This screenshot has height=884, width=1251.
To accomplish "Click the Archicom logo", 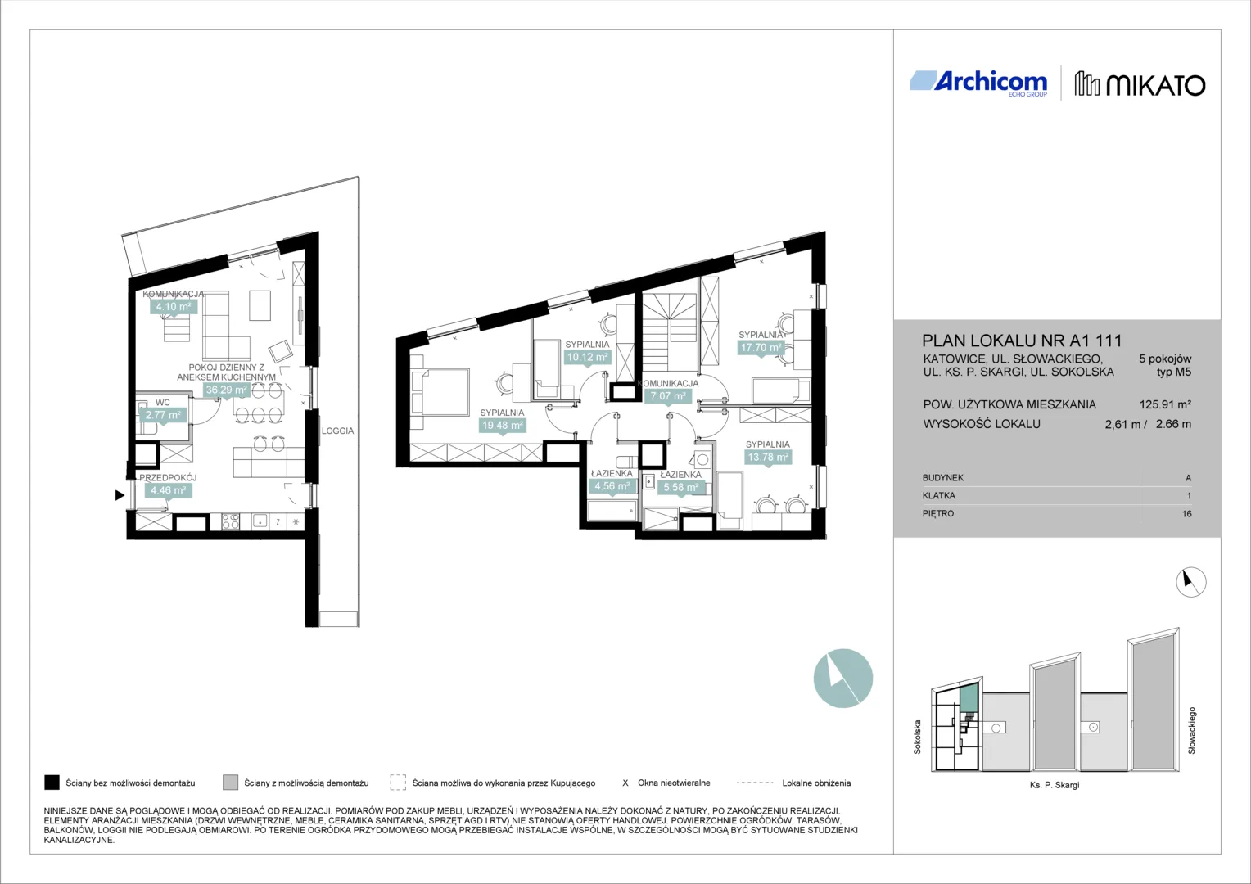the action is pos(978,83).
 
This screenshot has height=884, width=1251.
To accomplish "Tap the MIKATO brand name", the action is pos(1156,85).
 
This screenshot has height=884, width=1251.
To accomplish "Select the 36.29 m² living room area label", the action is pos(226,390).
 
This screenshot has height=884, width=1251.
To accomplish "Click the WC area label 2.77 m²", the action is pos(163,415).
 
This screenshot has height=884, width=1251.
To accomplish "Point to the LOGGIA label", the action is pos(337,431).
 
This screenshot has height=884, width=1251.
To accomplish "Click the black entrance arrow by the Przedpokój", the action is pos(120,494).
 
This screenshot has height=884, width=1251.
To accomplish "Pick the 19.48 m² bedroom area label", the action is pos(503,426).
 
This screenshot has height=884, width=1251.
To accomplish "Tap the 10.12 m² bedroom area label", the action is pos(588,358).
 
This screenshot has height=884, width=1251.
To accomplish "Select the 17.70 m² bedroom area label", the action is pos(761,347).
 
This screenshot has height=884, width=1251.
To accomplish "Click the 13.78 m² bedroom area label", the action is pos(768,458).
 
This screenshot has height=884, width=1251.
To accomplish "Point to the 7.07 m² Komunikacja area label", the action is pos(668,396).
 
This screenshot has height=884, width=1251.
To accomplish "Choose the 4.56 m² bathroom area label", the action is pos(612,486).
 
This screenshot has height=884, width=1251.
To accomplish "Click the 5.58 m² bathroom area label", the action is pos(681,488).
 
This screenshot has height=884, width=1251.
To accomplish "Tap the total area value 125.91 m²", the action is pos(1165,404).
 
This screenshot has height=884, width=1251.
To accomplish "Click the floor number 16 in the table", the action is pos(1187,514).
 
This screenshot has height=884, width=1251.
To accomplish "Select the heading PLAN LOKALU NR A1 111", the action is pos(1022,341).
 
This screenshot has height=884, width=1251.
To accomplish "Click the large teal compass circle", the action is pos(842,678).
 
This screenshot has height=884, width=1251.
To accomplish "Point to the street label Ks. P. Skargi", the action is pos(1055,785).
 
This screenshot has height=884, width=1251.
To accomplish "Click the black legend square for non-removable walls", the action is pos(52,783).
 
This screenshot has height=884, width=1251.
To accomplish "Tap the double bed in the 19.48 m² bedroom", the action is pos(440,392).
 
